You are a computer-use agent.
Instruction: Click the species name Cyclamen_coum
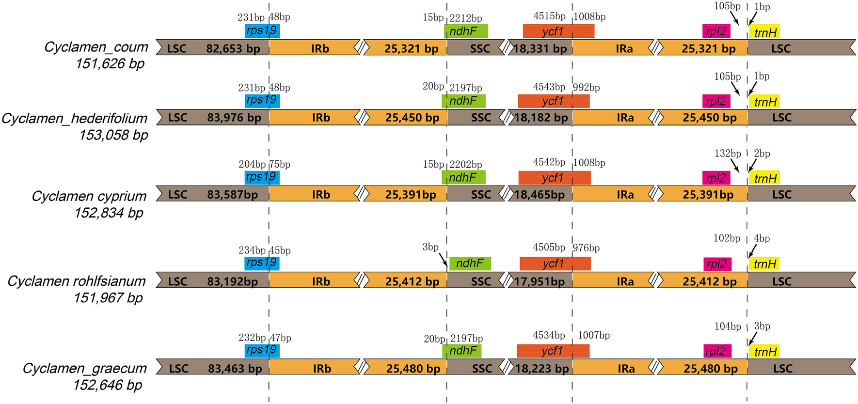96,47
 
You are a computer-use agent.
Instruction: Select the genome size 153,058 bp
113,135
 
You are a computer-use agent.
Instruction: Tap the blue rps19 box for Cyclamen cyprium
262,177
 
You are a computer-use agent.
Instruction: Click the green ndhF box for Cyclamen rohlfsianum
470,264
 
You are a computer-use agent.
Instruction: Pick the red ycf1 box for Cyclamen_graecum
553,351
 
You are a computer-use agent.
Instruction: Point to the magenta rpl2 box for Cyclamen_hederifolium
716,101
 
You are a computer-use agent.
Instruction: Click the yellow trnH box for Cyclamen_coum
765,32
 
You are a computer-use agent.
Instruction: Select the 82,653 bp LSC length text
233,48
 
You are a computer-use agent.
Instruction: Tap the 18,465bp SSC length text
540,195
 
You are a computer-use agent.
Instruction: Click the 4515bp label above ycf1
549,16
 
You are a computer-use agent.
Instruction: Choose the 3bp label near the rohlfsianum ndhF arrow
430,247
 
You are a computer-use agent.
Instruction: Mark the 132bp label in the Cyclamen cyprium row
727,154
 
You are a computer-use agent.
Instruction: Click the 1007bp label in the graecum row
593,335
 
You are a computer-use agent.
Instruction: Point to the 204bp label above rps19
252,164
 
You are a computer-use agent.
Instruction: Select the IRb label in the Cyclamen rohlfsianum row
321,281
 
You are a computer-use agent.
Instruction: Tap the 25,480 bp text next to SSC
413,369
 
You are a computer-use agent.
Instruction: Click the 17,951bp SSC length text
540,281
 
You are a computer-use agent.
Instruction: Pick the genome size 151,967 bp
108,298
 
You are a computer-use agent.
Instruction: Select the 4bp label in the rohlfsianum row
762,238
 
